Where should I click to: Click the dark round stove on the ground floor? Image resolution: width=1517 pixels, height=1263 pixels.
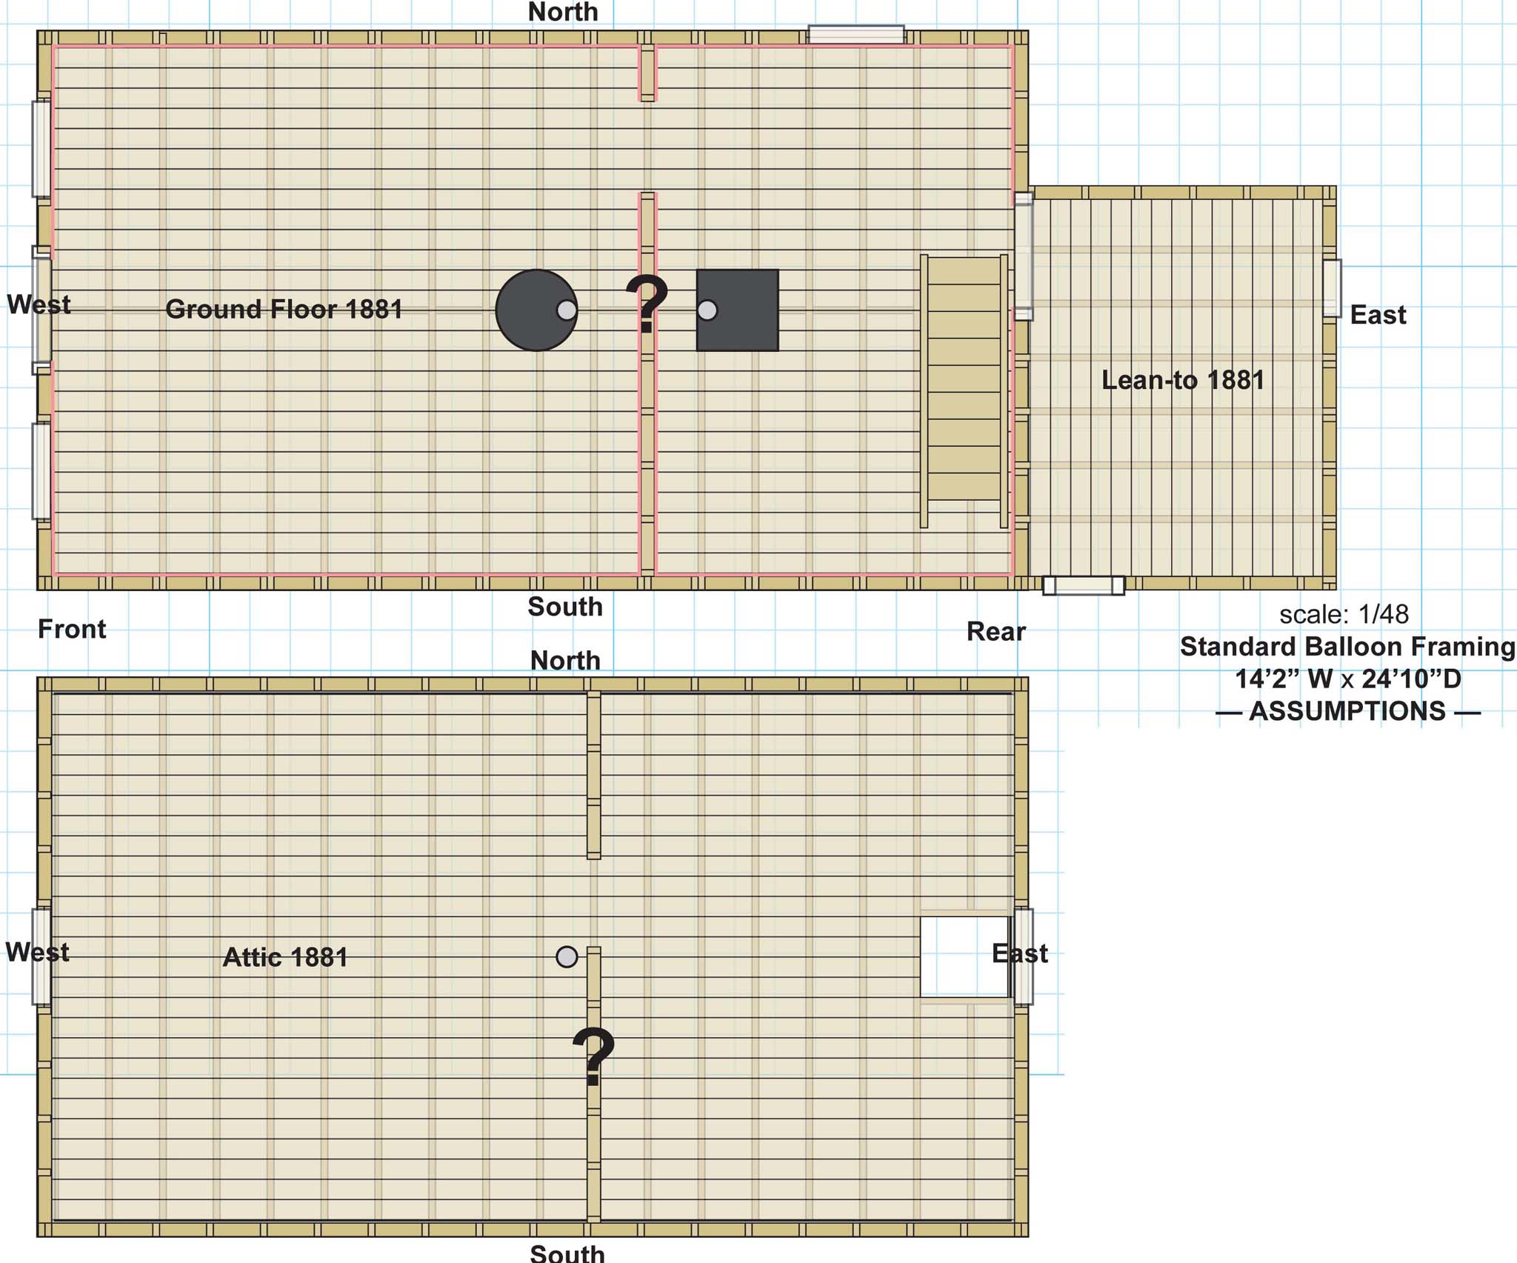536,310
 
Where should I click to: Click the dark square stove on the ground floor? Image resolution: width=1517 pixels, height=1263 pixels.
737,310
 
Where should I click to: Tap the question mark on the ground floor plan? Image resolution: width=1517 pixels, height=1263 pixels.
647,304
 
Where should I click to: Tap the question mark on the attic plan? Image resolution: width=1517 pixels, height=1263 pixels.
593,1056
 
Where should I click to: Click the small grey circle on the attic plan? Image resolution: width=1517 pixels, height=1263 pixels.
567,957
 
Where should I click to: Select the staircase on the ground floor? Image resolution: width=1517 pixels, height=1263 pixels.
964,391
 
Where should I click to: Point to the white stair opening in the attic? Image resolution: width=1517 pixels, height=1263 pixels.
964,957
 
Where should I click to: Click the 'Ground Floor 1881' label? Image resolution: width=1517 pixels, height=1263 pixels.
284,309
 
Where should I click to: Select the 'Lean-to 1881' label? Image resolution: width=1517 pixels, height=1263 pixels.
1183,380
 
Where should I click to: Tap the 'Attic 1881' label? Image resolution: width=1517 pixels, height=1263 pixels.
285,957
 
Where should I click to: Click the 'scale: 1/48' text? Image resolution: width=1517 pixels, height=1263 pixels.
1344,614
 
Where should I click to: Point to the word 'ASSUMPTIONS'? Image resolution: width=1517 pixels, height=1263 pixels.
1347,711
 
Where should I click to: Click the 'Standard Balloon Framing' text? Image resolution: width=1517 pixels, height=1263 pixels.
1347,647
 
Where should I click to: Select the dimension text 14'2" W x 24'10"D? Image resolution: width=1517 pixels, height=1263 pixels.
1347,679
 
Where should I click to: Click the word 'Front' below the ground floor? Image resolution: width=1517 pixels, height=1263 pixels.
72,629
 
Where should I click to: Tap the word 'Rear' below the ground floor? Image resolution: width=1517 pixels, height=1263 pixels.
996,632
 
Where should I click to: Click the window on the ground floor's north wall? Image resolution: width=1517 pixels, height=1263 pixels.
856,35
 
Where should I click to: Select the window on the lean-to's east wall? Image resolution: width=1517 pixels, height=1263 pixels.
1332,288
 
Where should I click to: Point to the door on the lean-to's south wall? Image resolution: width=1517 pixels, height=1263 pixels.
1084,585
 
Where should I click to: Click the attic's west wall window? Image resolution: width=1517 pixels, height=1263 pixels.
41,956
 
